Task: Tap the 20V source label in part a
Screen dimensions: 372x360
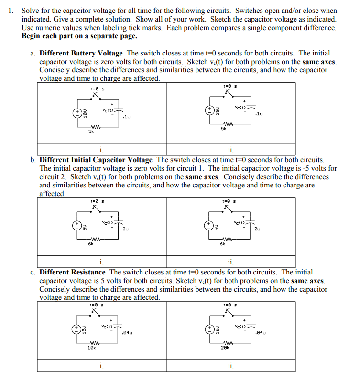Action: pos(217,110)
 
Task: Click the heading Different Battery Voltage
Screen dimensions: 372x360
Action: pos(81,53)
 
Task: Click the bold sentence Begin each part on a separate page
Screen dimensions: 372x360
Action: pos(79,36)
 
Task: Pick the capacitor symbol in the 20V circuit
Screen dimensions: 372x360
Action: pos(252,107)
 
